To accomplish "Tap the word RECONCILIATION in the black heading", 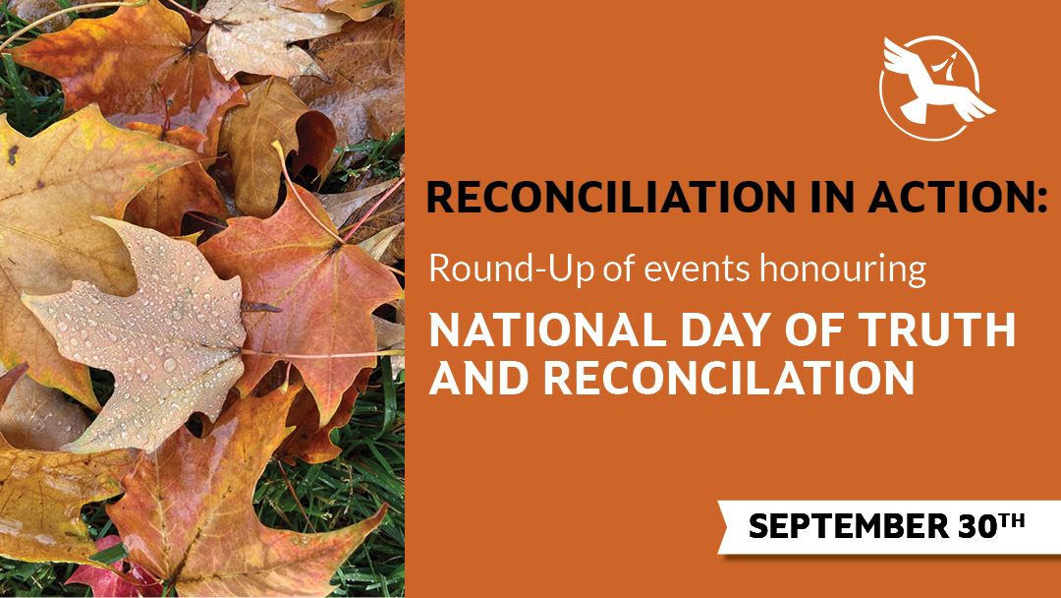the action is pos(611,197).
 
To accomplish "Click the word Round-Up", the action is pos(511,269).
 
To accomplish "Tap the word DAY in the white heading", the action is pos(726,329).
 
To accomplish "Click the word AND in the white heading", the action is pos(478,377).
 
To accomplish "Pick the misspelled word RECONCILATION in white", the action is pos(729,377).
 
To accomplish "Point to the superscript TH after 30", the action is pos(1012,520).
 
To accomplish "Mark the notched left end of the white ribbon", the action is pos(730,527).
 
